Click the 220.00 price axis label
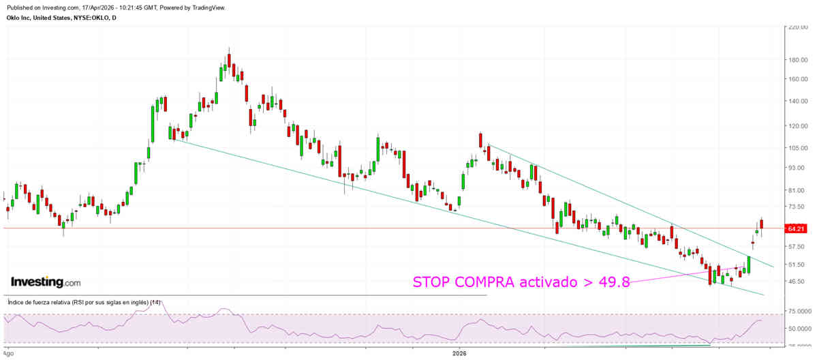797,28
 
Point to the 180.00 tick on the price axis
797,60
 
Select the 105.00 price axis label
797,149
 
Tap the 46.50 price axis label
797,281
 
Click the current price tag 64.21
797,229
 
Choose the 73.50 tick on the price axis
797,207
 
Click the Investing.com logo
45,282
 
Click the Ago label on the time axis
8,354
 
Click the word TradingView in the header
205,7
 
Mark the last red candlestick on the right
761,224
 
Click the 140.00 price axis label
797,102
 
